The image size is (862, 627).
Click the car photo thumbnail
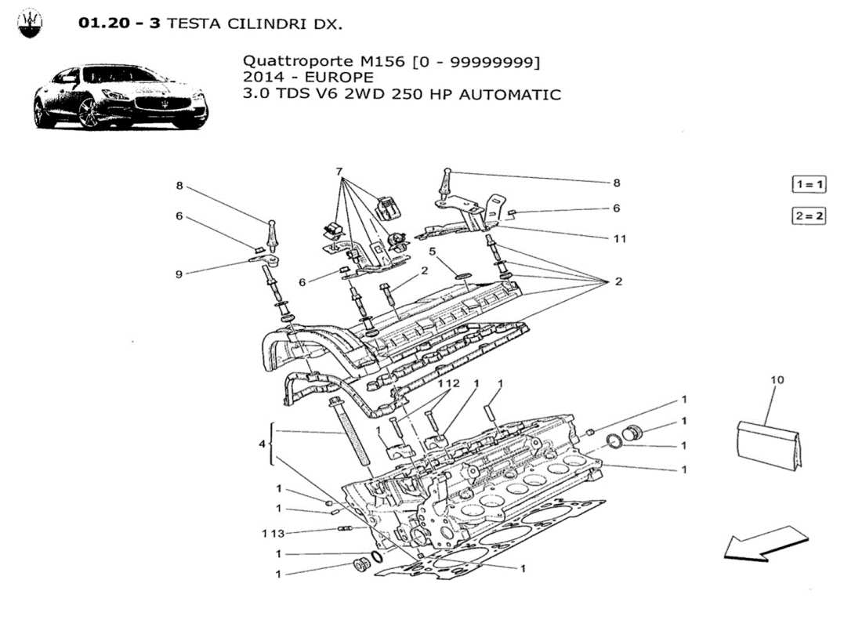(x=120, y=97)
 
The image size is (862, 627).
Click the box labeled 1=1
(x=809, y=185)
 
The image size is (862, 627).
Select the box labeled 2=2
(x=809, y=216)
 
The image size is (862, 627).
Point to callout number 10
(x=777, y=380)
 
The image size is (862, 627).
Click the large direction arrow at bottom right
(x=765, y=544)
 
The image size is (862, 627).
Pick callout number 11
(x=620, y=238)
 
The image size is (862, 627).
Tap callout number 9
(x=179, y=274)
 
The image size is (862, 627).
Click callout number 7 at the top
(x=339, y=171)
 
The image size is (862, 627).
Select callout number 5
(x=433, y=252)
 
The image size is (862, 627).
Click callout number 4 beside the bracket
(x=263, y=444)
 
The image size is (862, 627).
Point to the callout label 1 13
(x=273, y=533)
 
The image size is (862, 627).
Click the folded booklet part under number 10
(x=771, y=446)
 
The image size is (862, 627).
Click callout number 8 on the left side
(x=179, y=186)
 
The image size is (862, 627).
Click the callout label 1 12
(x=448, y=383)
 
